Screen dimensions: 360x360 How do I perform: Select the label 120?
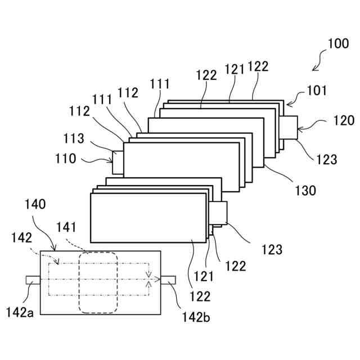pos(343,120)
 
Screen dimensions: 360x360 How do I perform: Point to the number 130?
pos(304,190)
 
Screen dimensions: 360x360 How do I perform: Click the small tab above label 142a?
pos(31,280)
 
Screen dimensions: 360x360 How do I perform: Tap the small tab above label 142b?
pos(169,280)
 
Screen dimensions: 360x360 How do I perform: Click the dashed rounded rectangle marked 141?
pos(98,282)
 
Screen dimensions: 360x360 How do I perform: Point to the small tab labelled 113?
pos(118,162)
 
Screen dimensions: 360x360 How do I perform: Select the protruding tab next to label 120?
pos(291,126)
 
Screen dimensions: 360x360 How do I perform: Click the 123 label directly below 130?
pos(272,248)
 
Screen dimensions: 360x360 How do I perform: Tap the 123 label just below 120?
pos(326,159)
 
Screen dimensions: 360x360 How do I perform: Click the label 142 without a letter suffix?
pos(22,238)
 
